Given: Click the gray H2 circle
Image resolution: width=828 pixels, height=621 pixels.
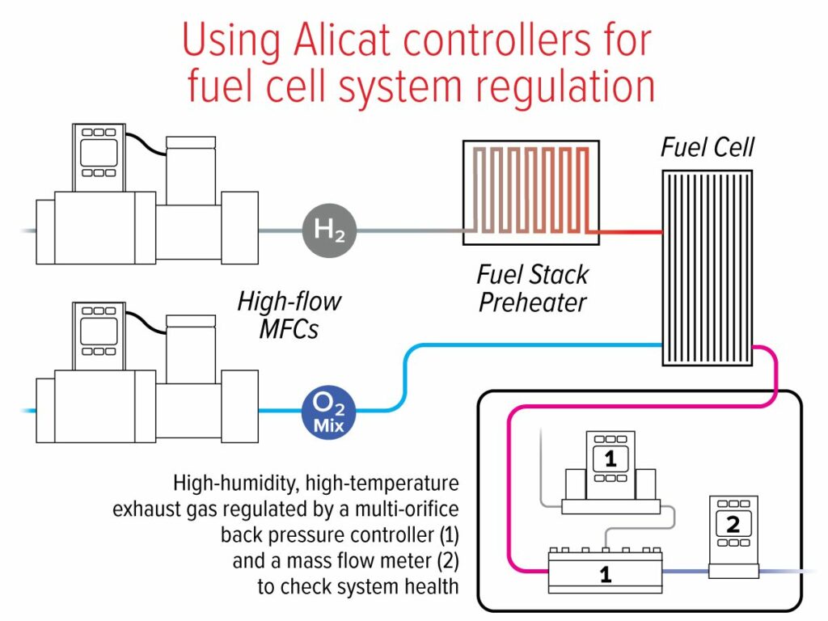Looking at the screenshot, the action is (330, 230).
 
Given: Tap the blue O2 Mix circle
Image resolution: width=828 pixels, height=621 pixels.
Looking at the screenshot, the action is (328, 412).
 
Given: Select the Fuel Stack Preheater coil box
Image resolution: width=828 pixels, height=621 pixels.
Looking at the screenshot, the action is (531, 192).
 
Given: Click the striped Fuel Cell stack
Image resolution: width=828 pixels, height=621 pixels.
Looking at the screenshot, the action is (708, 268).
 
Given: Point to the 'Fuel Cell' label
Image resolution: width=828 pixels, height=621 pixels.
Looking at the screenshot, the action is (708, 147).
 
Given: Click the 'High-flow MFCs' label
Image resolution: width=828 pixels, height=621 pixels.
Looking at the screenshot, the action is (289, 315).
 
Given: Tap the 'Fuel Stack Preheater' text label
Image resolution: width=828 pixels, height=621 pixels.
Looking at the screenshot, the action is (532, 289).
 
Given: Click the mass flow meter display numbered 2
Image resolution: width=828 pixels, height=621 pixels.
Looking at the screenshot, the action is (733, 524).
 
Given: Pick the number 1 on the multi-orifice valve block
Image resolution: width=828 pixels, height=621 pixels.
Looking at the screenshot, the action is (606, 575).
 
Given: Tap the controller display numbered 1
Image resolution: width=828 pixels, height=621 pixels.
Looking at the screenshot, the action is (610, 458).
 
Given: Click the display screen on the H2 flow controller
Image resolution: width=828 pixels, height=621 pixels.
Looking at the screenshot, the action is (99, 153).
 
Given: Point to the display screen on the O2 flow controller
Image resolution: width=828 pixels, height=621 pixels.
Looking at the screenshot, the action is (99, 331).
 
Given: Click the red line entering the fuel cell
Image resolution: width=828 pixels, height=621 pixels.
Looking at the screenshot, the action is (626, 232).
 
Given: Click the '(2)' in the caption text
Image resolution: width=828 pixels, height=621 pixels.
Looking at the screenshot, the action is (448, 561).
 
